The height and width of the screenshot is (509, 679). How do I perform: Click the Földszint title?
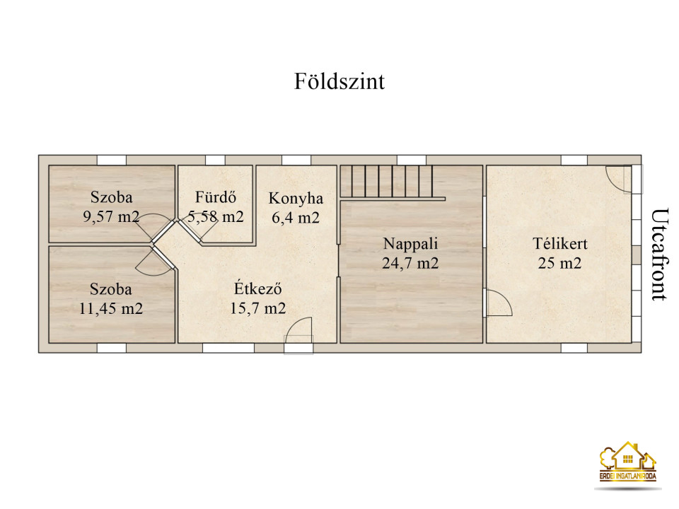coord(339,81)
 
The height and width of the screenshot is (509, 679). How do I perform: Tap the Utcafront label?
coord(660,255)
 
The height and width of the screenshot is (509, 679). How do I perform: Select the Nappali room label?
coord(410,244)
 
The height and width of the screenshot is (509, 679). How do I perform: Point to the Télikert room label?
coord(559,244)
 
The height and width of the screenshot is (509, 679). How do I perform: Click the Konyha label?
coord(296,198)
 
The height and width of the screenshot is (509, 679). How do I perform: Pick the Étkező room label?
coord(257,288)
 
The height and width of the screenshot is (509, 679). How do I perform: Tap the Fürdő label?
coord(215,197)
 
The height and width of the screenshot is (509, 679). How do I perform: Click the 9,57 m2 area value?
coord(111,216)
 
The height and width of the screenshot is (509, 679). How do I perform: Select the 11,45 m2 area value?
coord(111,309)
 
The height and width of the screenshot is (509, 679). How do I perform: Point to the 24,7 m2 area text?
coord(410,263)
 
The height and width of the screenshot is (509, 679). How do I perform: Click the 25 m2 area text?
coord(559,263)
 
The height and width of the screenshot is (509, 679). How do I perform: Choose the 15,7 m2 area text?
coord(257,308)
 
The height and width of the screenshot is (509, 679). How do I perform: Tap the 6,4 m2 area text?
coord(296,217)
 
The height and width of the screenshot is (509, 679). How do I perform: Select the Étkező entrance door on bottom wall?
coord(298,336)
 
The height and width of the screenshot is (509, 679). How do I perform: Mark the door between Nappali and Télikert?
coord(498,303)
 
